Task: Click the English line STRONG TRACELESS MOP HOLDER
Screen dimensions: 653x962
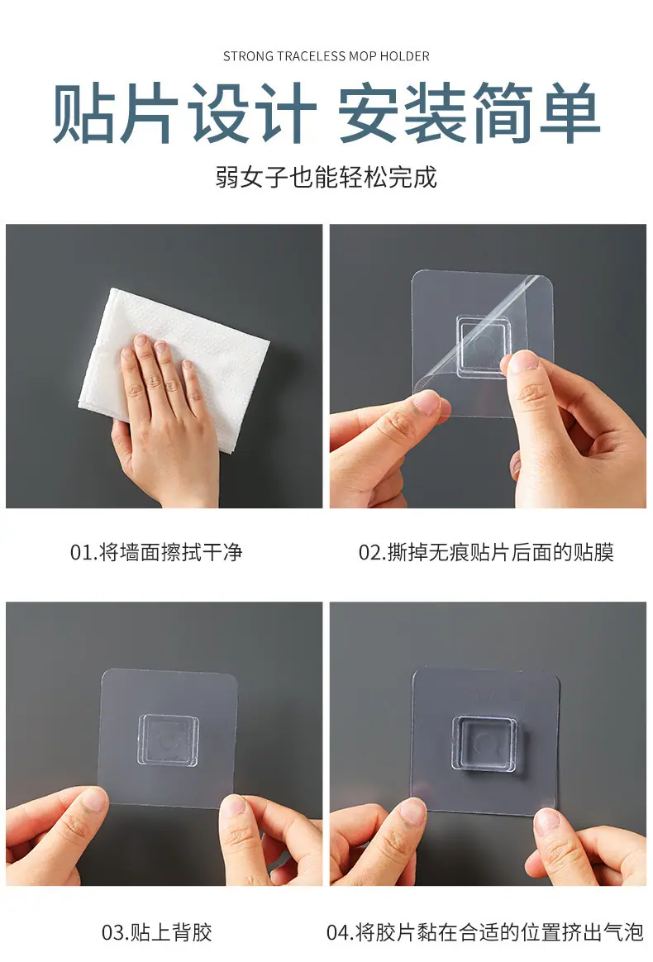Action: click(x=326, y=56)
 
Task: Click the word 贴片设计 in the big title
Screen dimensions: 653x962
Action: click(x=184, y=113)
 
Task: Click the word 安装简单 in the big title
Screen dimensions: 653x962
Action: click(x=469, y=113)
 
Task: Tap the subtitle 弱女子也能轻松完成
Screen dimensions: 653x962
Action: click(x=326, y=178)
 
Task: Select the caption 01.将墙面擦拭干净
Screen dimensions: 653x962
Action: click(x=156, y=552)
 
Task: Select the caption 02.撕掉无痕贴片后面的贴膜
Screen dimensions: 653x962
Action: click(x=486, y=552)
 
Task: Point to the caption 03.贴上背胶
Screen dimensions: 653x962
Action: click(x=156, y=932)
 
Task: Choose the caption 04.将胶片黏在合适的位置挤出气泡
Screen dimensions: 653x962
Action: click(x=485, y=932)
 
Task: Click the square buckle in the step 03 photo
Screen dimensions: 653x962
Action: click(x=168, y=740)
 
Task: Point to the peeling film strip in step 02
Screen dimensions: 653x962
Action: click(x=479, y=335)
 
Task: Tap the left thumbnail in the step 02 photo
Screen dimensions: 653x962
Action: click(x=426, y=402)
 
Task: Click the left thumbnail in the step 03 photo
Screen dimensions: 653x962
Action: click(x=94, y=798)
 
